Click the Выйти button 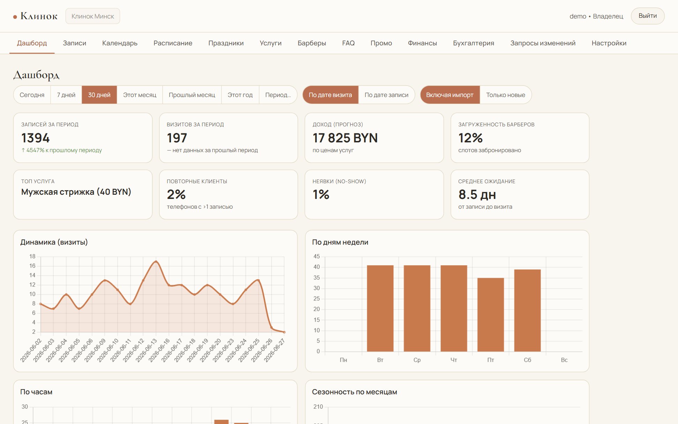[x=647, y=16]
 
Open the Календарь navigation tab [x=120, y=43]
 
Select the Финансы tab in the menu [x=422, y=43]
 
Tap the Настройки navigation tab [x=609, y=43]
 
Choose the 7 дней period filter [x=66, y=95]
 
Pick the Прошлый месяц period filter [x=192, y=95]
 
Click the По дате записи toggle [x=386, y=95]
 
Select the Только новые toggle [x=505, y=95]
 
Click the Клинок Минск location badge [x=93, y=16]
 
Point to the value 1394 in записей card [x=36, y=138]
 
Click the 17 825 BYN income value [x=345, y=138]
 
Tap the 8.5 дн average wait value [x=477, y=194]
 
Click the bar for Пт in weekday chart [x=490, y=314]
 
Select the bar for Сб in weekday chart [x=527, y=310]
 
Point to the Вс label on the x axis [x=564, y=360]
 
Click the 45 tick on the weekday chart [x=317, y=256]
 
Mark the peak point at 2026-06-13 [x=156, y=261]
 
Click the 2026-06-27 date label [x=274, y=350]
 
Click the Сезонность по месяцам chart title [x=354, y=392]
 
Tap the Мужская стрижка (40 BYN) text [x=76, y=192]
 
